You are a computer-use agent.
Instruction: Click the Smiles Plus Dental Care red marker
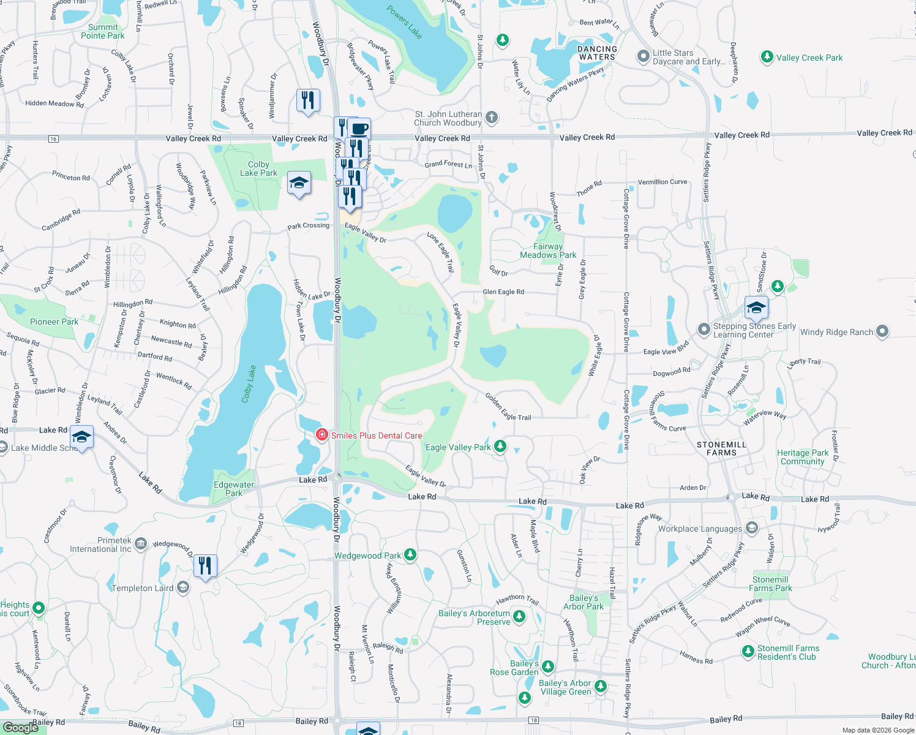[321, 435]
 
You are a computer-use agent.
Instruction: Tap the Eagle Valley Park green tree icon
[500, 446]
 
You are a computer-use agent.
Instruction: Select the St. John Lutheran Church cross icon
[492, 117]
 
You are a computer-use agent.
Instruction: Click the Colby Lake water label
[249, 384]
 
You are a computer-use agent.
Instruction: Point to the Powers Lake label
[405, 22]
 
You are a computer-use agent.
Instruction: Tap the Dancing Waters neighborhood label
[597, 53]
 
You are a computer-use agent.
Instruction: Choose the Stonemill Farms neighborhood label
[721, 448]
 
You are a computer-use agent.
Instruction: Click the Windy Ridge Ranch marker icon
[882, 331]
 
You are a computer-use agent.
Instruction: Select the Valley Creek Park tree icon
[767, 57]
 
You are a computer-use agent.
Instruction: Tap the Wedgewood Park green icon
[410, 555]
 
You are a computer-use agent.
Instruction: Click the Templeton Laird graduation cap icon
[182, 587]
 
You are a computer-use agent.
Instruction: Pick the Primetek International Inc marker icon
[141, 544]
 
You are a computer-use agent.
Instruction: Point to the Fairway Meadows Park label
[548, 251]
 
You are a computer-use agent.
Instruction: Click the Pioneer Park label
[54, 322]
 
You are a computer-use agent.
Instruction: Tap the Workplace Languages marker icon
[752, 528]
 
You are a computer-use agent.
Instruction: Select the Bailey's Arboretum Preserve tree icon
[519, 616]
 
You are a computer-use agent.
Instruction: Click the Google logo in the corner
[21, 727]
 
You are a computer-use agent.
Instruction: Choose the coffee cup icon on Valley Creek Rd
[359, 129]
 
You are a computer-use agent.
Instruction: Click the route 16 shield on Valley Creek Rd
[53, 139]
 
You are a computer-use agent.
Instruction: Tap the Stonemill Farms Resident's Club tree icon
[748, 652]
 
